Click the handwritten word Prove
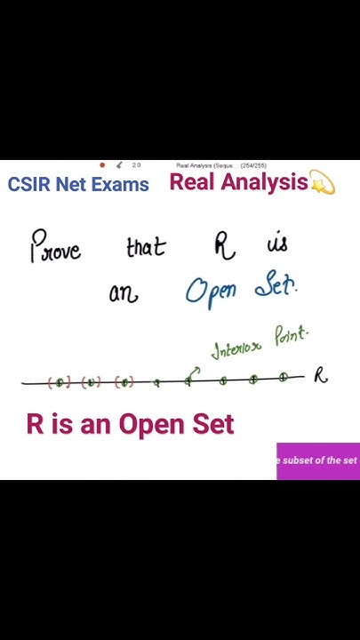tap(56, 246)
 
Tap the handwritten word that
tap(146, 247)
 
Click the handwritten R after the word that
tap(224, 245)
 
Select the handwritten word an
tap(124, 294)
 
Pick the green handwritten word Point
tap(291, 337)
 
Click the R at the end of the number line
tap(320, 376)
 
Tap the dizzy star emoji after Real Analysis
tap(322, 184)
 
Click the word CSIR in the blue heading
tap(28, 185)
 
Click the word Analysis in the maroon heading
tap(264, 182)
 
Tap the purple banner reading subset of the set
tap(318, 460)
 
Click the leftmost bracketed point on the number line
tap(59, 382)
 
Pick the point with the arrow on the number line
tap(188, 380)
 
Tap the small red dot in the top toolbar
tap(102, 164)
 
